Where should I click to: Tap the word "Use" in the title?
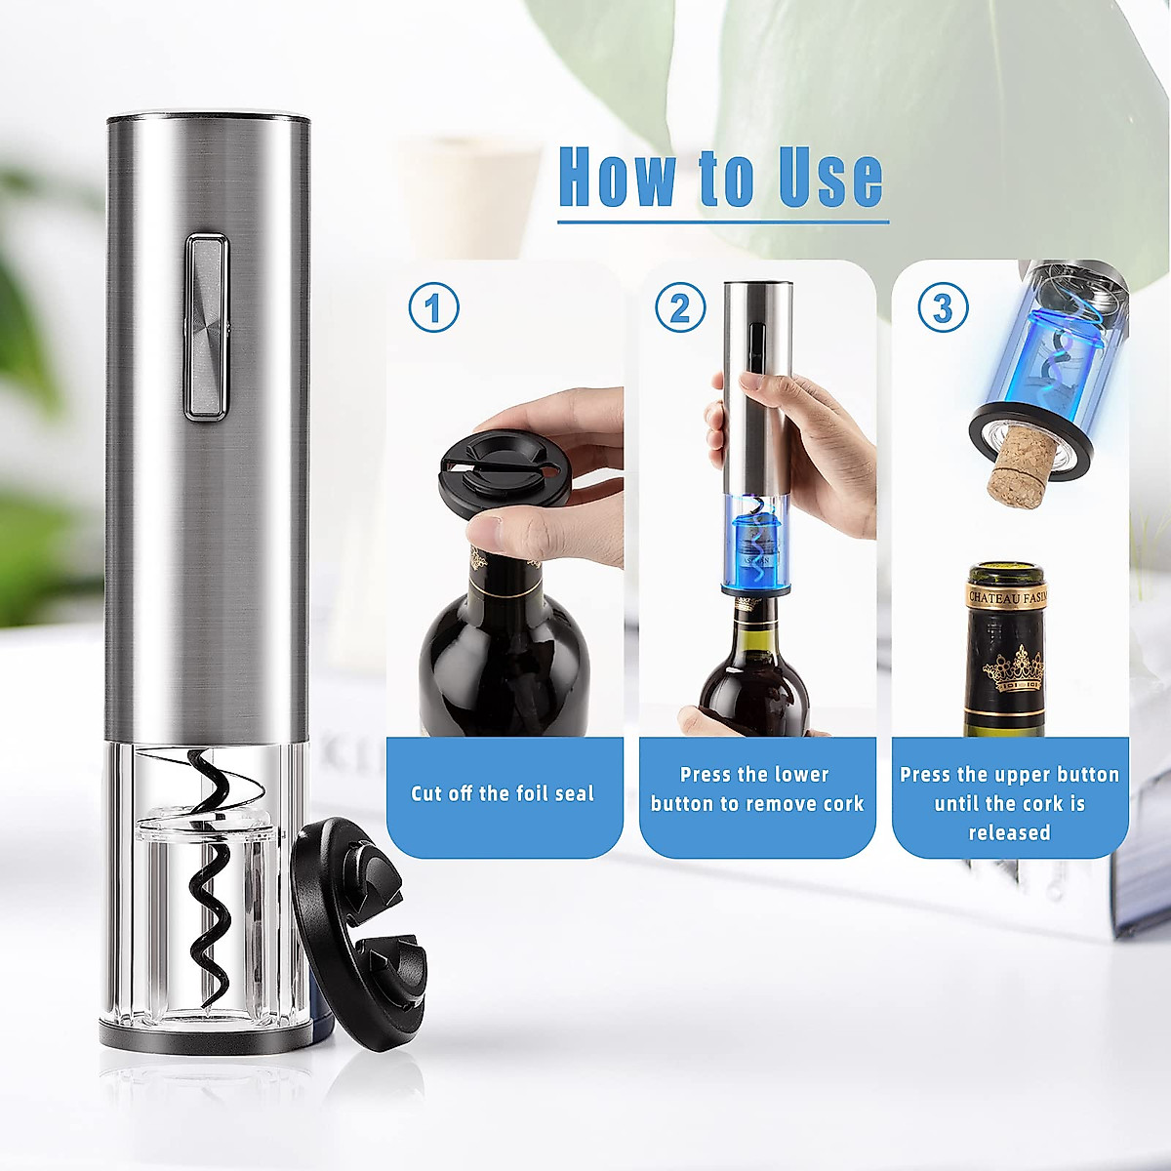pos(830,179)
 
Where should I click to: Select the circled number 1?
pos(433,307)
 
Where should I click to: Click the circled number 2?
pos(680,307)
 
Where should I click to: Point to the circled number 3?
pos(942,307)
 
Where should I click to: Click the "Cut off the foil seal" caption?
pos(503,793)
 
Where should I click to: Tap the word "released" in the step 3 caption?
pos(1009,832)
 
